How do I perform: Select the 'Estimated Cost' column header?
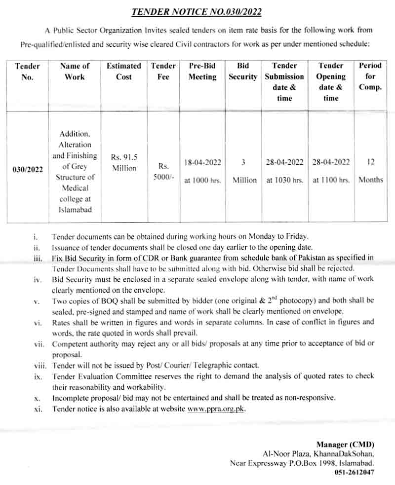pyautogui.click(x=124, y=71)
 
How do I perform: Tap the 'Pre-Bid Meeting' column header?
pyautogui.click(x=202, y=71)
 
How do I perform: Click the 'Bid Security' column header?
pyautogui.click(x=243, y=71)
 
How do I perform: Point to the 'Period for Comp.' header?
pyautogui.click(x=370, y=76)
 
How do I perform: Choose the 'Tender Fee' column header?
pyautogui.click(x=163, y=71)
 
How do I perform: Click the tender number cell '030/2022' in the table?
pyautogui.click(x=28, y=169)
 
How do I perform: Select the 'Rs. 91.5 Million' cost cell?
pyautogui.click(x=124, y=162)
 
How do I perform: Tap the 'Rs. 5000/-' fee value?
pyautogui.click(x=163, y=172)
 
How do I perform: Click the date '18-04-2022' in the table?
pyautogui.click(x=202, y=162)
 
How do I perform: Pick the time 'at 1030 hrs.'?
pyautogui.click(x=285, y=181)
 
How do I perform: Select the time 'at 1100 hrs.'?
pyautogui.click(x=331, y=181)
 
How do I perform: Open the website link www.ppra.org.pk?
pyautogui.click(x=216, y=409)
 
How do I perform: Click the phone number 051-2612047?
pyautogui.click(x=355, y=472)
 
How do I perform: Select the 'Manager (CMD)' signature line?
pyautogui.click(x=345, y=444)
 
